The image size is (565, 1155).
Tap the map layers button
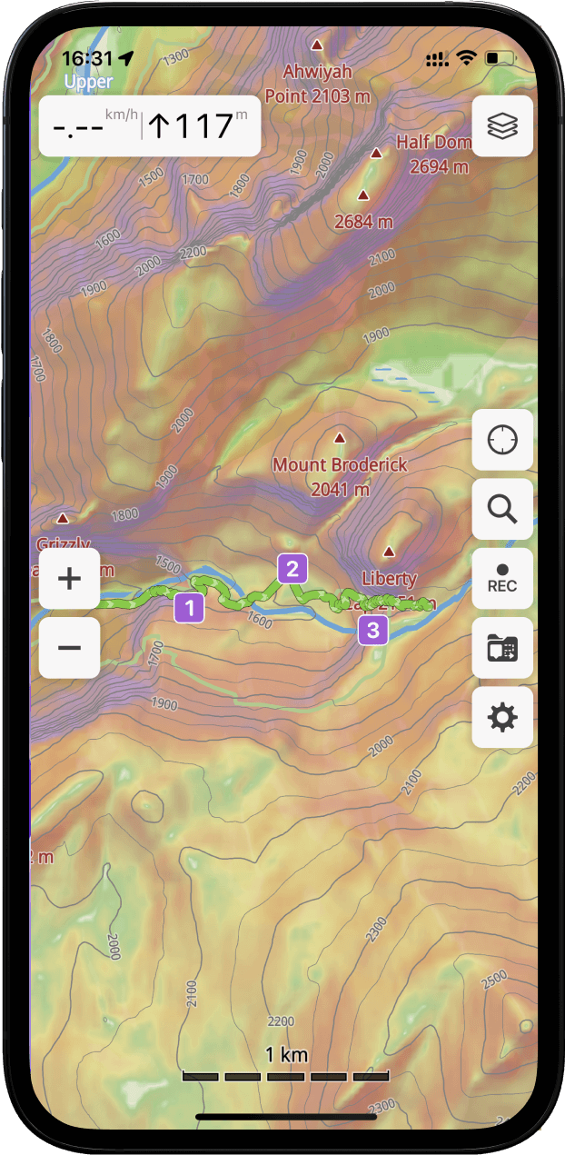click(502, 126)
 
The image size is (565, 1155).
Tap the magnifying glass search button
click(502, 510)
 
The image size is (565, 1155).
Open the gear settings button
click(502, 718)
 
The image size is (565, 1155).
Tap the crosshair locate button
click(502, 440)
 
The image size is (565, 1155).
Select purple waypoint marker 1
click(189, 607)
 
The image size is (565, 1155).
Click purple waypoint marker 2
click(292, 570)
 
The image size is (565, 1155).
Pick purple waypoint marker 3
click(372, 629)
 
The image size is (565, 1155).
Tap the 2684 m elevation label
click(363, 221)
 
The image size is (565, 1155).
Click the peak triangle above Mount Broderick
click(340, 438)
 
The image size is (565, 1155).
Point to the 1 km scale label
click(286, 1055)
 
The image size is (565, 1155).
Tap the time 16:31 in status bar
click(87, 59)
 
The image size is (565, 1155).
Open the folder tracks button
click(502, 648)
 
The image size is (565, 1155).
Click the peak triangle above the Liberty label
click(389, 551)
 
